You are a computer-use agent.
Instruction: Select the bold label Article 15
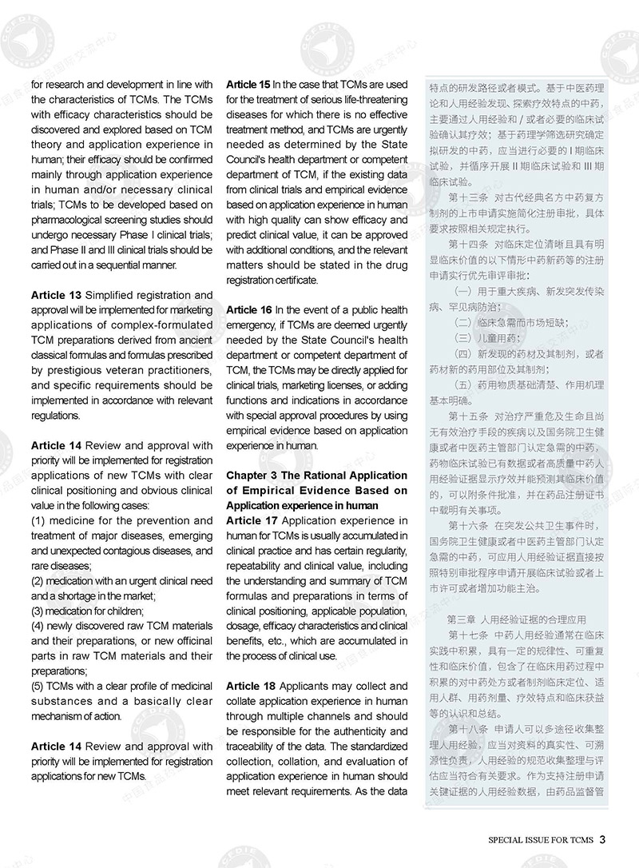point(248,84)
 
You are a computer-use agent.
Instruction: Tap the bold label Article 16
point(248,309)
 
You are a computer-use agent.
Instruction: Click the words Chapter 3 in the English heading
point(252,475)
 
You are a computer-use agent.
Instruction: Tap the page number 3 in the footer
point(603,839)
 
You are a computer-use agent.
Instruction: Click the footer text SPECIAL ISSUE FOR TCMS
point(541,840)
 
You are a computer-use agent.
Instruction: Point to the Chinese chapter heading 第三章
point(462,619)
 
